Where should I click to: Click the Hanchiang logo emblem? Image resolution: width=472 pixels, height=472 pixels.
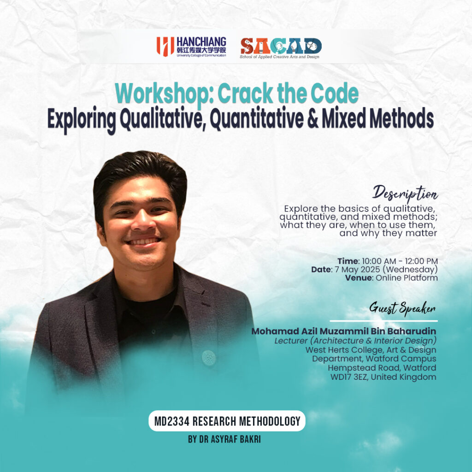(x=165, y=47)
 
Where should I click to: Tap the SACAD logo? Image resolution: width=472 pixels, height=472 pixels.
(x=281, y=48)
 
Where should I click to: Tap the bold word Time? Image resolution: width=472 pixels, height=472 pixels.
(x=348, y=261)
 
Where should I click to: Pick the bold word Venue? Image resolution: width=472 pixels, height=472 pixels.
(x=359, y=277)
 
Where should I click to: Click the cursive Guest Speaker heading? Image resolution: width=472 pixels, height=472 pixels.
(x=402, y=308)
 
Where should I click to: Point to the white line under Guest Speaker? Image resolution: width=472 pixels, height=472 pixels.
(x=384, y=321)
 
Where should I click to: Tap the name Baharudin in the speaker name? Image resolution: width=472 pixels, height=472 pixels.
(x=411, y=331)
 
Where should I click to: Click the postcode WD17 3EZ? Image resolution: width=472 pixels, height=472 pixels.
(x=349, y=377)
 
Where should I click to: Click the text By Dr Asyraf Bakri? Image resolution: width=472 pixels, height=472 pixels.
(x=224, y=439)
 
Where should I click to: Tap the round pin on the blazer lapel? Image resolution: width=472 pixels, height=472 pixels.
(x=208, y=358)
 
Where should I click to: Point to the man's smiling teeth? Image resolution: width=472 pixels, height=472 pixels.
(x=144, y=242)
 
